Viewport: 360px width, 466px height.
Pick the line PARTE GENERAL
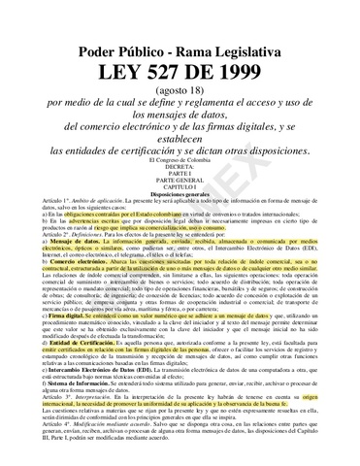180,182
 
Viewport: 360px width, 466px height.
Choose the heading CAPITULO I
180,188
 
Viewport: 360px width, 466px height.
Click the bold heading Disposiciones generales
180,195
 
